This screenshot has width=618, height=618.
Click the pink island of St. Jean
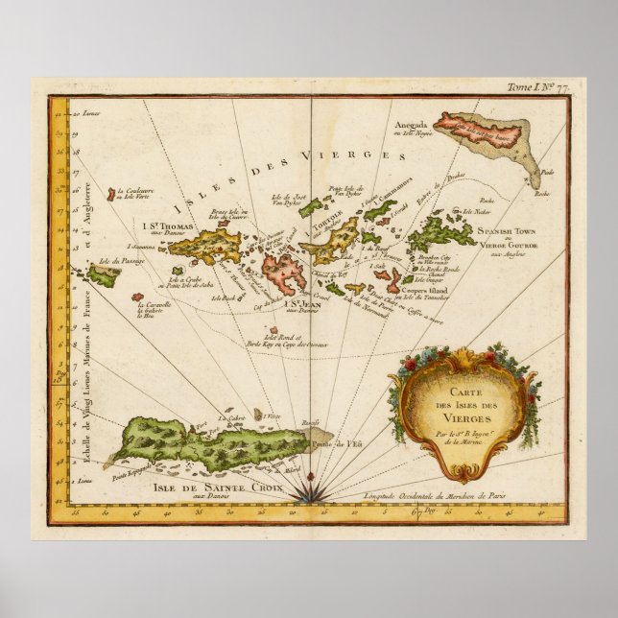click(284, 273)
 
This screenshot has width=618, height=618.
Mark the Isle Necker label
click(476, 211)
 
